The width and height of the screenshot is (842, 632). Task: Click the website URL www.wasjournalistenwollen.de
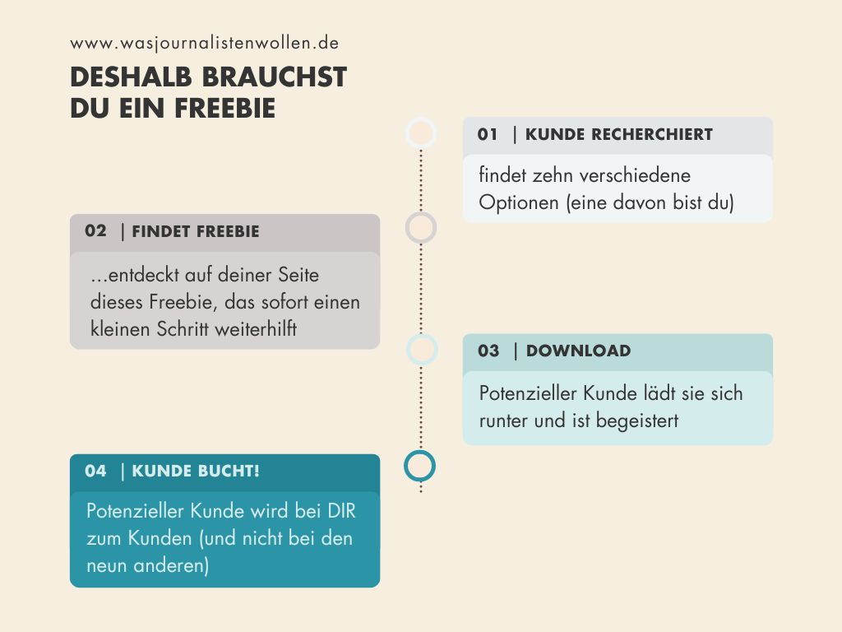tap(205, 44)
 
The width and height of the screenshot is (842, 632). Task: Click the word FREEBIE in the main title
tap(225, 108)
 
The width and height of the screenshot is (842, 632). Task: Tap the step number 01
tap(488, 134)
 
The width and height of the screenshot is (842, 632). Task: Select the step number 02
tap(95, 231)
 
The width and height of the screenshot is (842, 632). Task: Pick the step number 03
tap(488, 351)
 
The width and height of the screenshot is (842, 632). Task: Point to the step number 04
tap(95, 471)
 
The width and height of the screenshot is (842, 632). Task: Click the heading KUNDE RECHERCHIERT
tap(619, 134)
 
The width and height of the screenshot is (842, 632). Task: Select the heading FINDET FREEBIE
tap(196, 231)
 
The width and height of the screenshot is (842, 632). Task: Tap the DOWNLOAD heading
tap(578, 351)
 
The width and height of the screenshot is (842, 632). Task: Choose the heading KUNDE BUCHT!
tap(196, 472)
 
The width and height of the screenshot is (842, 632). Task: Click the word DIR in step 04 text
tap(341, 510)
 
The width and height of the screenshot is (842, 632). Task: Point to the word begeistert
tap(637, 421)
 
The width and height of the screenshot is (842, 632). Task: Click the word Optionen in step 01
tap(519, 202)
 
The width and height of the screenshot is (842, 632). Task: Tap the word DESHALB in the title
tap(131, 77)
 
